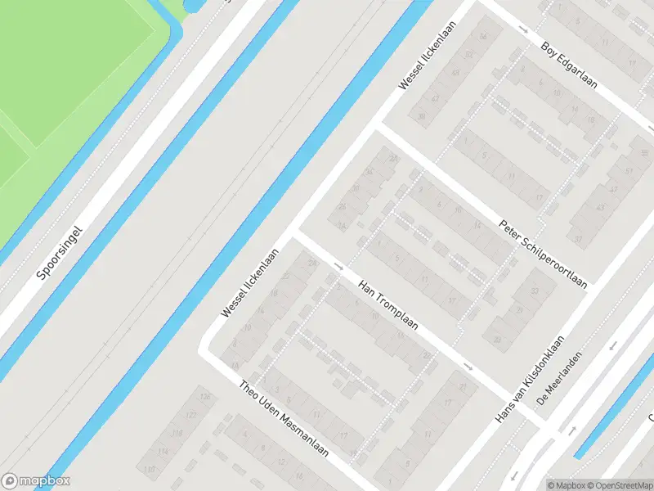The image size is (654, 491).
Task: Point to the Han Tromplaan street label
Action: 388,304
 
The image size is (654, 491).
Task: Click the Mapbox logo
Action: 36,481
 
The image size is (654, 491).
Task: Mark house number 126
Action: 204,398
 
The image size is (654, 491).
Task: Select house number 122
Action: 191,415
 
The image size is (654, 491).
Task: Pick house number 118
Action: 177,433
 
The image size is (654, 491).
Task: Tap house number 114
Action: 163,451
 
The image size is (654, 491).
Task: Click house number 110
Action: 149,469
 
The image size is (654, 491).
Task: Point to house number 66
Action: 483,38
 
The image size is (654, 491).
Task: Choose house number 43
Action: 600,208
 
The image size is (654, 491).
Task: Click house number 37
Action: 578,238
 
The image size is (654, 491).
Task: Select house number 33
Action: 536,291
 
